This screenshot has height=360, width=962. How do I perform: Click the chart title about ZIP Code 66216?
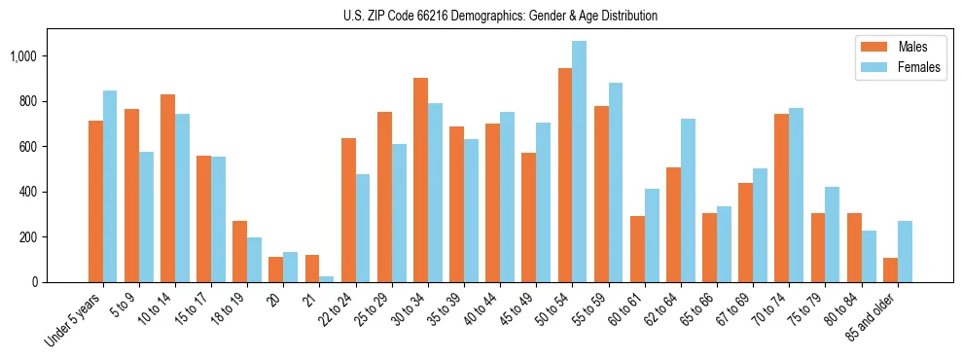pyautogui.click(x=500, y=16)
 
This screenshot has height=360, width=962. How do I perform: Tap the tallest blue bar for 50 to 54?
pyautogui.click(x=579, y=162)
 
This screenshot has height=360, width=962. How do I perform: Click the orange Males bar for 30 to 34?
pyautogui.click(x=420, y=180)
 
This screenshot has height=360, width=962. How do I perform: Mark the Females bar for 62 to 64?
pyautogui.click(x=687, y=200)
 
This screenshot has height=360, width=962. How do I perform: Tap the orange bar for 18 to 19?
pyautogui.click(x=239, y=252)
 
